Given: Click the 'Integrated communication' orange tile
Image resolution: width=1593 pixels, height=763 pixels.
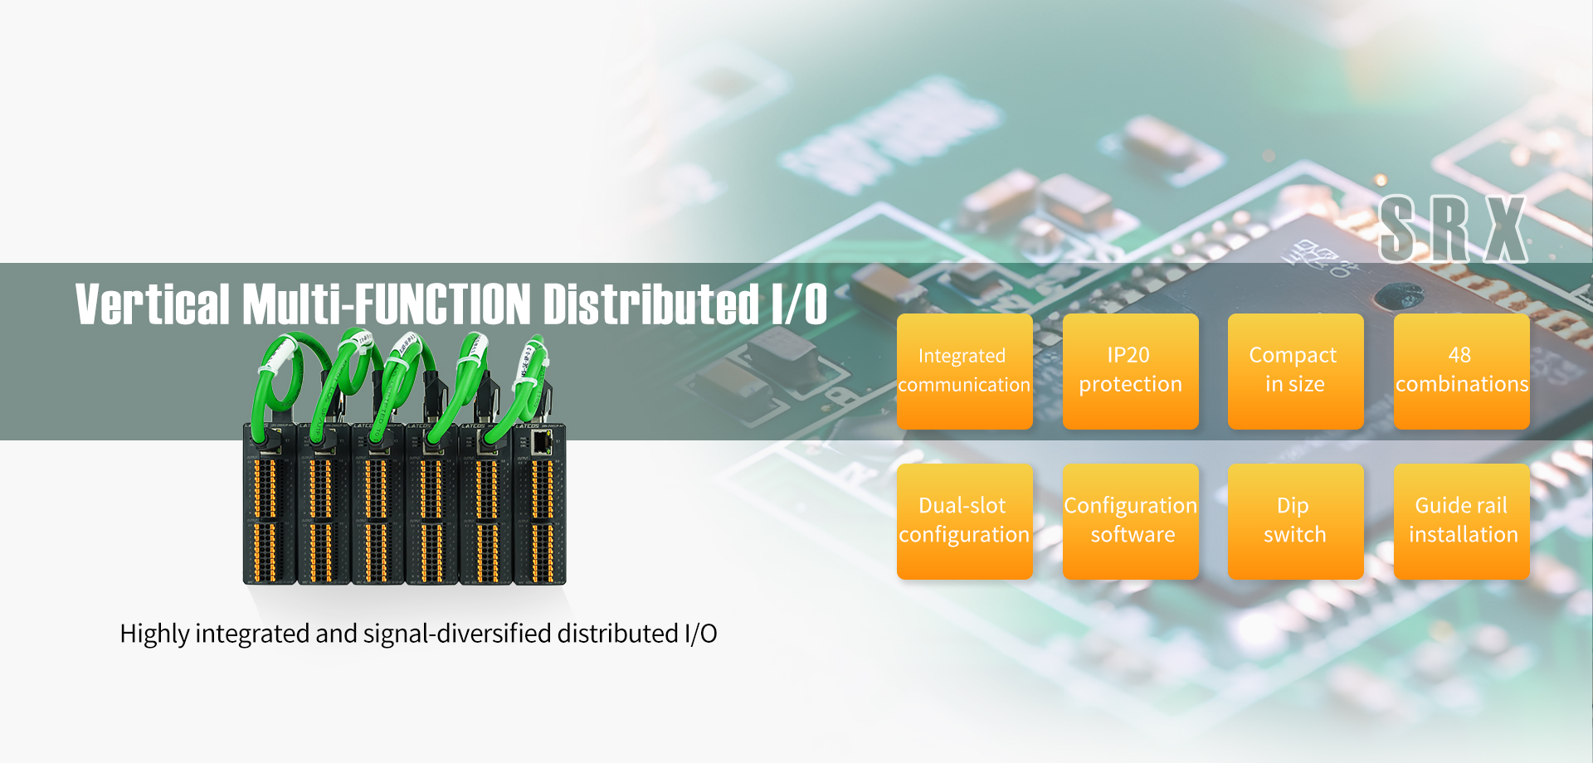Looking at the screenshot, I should point(964,371).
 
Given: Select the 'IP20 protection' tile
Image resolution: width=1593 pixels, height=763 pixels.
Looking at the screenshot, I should point(1130,371).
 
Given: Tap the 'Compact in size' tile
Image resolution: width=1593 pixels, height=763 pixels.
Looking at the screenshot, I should point(1295,371).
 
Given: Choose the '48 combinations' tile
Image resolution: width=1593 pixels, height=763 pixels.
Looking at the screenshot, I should point(1461,371).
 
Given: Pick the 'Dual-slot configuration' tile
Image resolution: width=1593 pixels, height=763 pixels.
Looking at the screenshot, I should point(964,521).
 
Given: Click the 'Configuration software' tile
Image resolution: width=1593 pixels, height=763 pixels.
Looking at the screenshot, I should point(1130,521).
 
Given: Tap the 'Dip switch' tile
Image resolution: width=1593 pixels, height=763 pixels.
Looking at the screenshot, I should point(1295,521).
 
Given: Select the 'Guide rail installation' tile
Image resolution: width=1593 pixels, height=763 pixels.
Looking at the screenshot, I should point(1461,521).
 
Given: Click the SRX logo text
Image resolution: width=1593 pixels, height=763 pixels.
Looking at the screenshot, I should point(1452,230).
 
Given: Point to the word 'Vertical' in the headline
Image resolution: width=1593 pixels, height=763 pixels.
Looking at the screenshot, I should point(153,304).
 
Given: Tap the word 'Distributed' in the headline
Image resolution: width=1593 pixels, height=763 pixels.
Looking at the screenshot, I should point(650,304).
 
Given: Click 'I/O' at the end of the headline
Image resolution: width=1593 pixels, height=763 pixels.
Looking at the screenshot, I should point(799,304).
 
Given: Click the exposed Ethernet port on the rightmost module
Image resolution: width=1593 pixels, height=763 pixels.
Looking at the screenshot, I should point(541,442).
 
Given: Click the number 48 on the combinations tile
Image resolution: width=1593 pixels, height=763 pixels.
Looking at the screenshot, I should point(1459,355).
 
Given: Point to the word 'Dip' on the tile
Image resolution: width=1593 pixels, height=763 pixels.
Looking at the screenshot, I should point(1293,506).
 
